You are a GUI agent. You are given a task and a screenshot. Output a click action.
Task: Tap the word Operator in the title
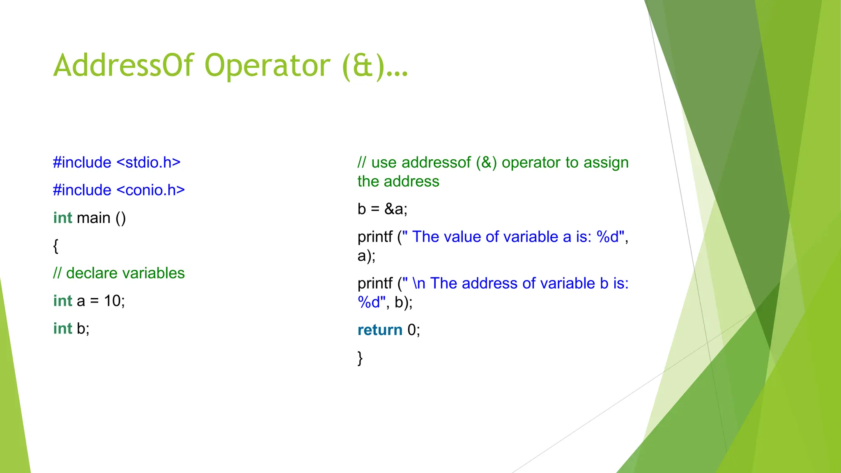[267, 66]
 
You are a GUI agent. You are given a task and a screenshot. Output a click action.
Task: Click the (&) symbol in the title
[363, 66]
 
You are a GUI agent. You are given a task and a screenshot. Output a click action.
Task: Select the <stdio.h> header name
[149, 163]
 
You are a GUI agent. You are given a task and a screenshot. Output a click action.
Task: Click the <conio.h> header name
[151, 190]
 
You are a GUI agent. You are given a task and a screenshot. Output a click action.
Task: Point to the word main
[94, 218]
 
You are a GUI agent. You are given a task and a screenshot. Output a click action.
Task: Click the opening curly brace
[56, 246]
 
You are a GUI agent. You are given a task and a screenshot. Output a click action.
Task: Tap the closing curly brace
[360, 358]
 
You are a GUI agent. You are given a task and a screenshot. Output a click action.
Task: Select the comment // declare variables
[119, 273]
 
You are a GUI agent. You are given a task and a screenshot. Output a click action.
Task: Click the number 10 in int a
[112, 301]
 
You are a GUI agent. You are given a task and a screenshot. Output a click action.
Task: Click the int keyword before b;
[62, 328]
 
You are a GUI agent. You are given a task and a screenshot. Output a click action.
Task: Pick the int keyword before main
[62, 218]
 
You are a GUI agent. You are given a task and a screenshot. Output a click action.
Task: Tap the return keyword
[380, 330]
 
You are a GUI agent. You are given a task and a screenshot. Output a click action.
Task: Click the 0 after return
[411, 330]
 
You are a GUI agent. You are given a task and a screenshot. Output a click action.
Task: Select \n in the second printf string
[419, 284]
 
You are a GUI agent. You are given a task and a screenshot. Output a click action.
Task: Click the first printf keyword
[375, 237]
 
